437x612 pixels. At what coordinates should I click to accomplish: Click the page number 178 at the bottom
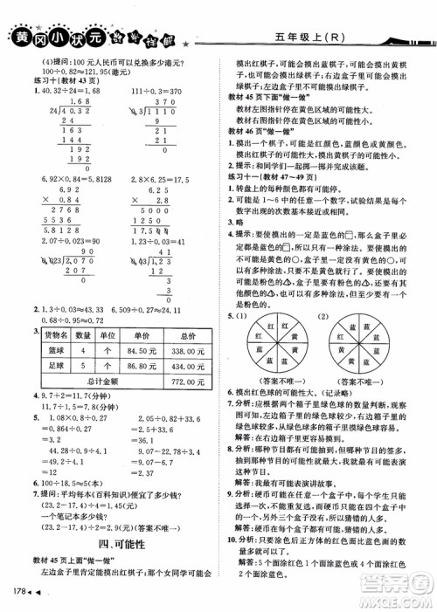[17, 596]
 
